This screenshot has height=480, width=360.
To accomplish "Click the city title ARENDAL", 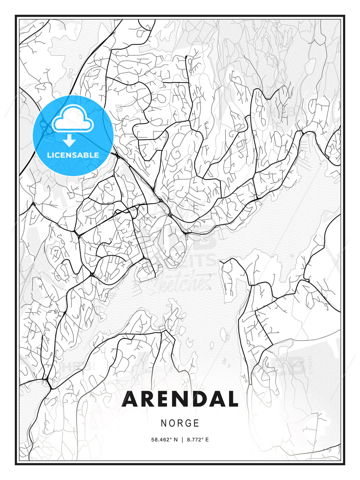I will coord(180,399).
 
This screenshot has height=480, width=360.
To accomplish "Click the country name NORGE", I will coord(180,423).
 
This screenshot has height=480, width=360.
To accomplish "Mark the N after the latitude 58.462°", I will coord(176,440).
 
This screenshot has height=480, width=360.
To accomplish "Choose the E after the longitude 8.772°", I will coord(207,440).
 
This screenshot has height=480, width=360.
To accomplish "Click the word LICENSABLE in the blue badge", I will coord(73,155).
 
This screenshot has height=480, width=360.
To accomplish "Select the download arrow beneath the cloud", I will coord(69,141).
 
